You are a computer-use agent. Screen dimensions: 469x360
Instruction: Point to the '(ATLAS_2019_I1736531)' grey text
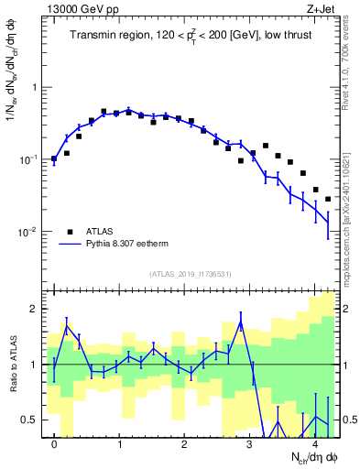191,273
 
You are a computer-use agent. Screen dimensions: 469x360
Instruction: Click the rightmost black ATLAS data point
328,198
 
